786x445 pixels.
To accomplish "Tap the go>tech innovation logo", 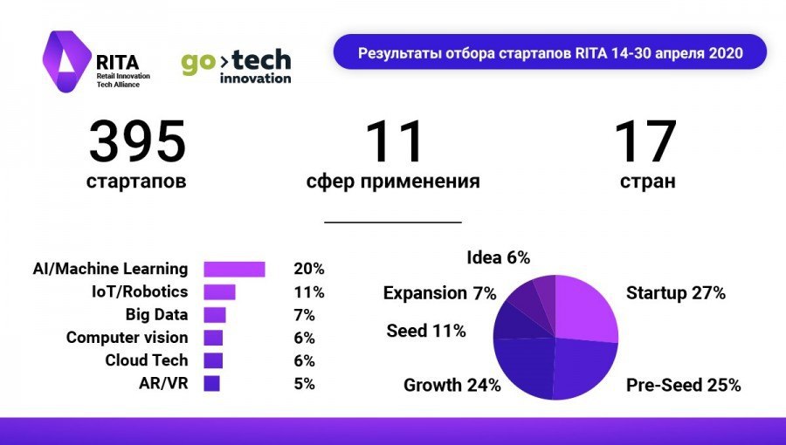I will [236, 66].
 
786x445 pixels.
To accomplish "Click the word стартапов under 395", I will [136, 182].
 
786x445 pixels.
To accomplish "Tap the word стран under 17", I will [647, 182].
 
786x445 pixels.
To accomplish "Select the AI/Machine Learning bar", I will [234, 269].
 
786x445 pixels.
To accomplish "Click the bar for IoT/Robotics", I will [219, 291].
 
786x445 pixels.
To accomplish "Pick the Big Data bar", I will [215, 315].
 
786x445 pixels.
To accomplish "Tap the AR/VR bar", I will [211, 383].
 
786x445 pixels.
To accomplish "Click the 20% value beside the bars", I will [308, 269].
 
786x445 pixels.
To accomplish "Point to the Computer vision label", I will [127, 338].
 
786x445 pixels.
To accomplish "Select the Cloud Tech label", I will [146, 360].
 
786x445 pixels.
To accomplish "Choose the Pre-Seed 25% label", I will [684, 385].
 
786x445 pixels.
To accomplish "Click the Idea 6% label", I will [498, 257].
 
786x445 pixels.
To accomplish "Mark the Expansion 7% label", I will [439, 292].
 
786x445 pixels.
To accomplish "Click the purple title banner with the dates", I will [550, 53].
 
